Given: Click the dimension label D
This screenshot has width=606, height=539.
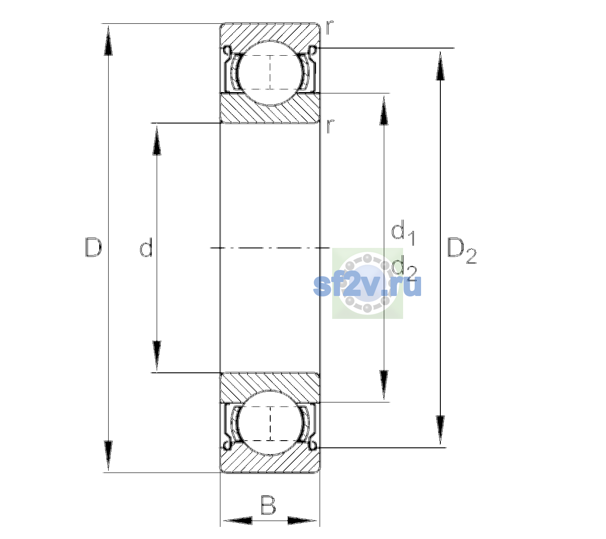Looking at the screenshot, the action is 93,247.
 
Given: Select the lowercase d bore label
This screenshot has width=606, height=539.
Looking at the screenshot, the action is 146,247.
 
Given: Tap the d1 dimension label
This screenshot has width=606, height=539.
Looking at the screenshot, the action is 403,233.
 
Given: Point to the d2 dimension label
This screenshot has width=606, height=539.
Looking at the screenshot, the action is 404,268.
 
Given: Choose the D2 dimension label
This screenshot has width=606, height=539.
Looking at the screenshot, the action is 461,251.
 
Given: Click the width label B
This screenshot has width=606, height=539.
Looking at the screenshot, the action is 268,505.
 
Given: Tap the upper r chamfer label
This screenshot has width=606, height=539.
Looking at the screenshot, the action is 329,27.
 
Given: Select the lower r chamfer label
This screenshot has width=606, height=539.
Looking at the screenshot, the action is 329,126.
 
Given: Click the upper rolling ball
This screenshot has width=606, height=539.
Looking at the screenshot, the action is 270,73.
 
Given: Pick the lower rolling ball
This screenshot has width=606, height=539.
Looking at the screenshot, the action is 270,423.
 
